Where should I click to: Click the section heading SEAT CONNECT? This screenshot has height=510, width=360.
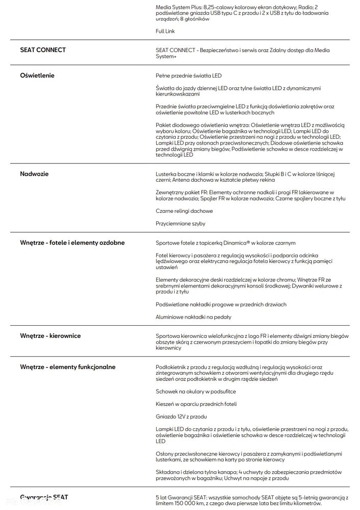click(43, 50)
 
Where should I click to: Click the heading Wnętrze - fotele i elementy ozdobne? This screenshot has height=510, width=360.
click(72, 242)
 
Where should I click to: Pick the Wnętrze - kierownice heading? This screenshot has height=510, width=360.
click(51, 336)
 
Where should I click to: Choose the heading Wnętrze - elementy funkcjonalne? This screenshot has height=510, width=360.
click(68, 367)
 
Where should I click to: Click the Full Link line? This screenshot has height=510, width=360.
click(165, 31)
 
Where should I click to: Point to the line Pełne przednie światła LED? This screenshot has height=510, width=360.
click(188, 76)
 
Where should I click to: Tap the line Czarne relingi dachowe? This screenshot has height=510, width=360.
click(184, 211)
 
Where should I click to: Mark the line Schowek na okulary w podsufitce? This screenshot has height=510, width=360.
click(196, 392)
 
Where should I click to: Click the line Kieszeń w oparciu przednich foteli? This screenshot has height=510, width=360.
click(196, 404)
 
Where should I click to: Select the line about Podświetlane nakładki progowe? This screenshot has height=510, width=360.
click(221, 304)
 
